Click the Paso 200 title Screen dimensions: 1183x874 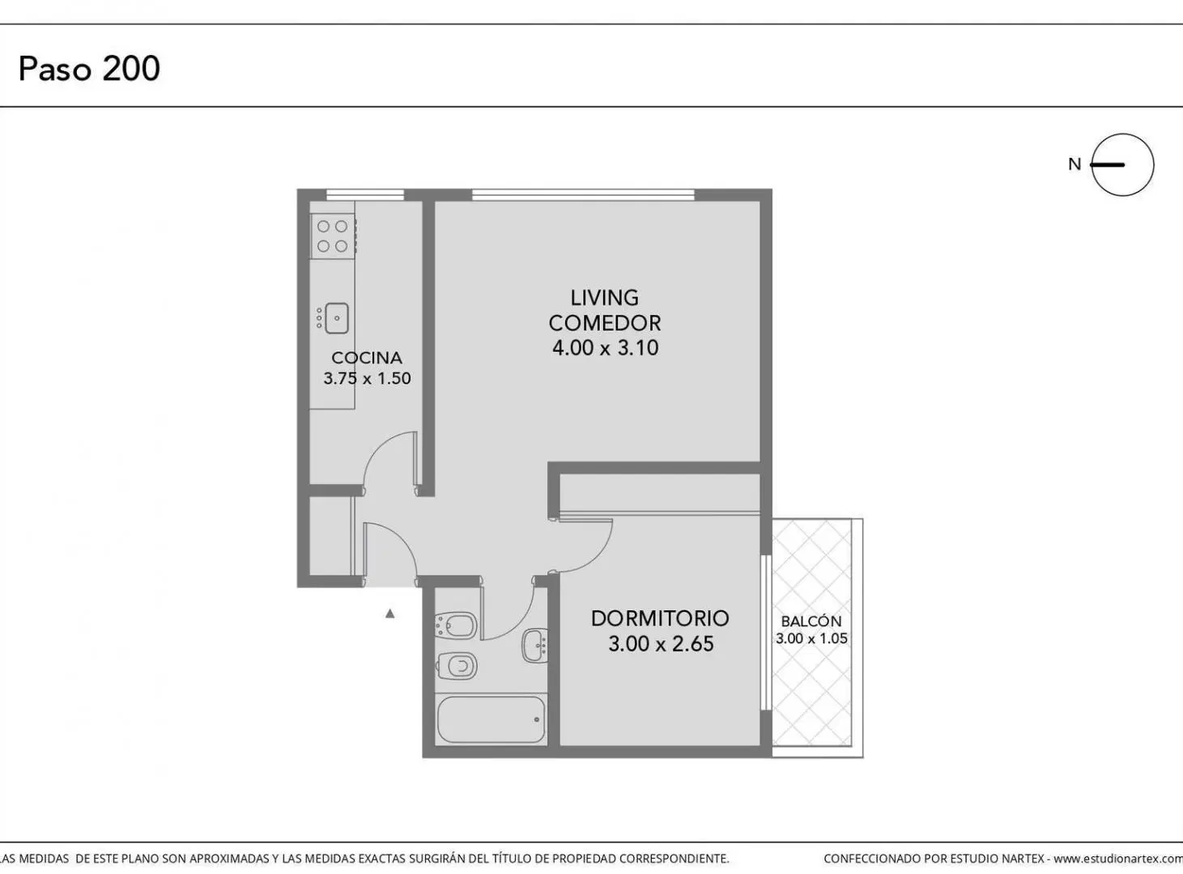(x=89, y=69)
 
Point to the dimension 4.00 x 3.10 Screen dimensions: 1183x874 (x=605, y=348)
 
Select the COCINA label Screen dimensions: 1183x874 (x=367, y=357)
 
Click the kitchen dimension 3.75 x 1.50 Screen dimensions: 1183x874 (x=367, y=379)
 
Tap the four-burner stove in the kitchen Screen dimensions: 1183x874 (x=334, y=236)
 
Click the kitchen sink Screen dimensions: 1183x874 (x=336, y=318)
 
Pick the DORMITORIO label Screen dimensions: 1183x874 (x=660, y=618)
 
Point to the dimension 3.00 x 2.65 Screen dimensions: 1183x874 (x=661, y=643)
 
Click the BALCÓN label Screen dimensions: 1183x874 (x=811, y=622)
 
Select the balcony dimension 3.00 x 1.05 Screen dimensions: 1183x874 (x=811, y=639)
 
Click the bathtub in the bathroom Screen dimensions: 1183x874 (x=491, y=719)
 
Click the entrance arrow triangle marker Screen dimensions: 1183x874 (x=390, y=613)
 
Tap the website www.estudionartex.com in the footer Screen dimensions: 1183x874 (x=1118, y=859)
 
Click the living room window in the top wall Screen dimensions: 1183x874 (x=583, y=195)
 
